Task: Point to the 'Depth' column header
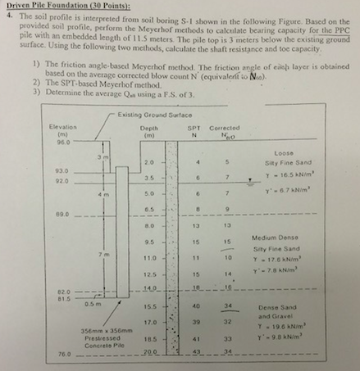(148, 129)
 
